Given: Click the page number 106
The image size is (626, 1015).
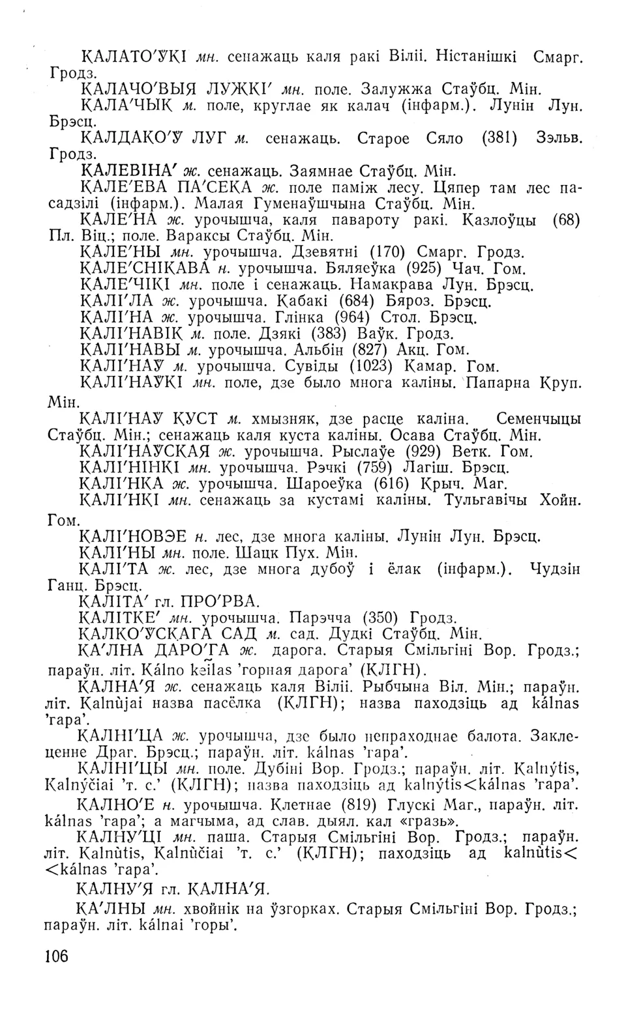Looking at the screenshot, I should (x=58, y=956).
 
